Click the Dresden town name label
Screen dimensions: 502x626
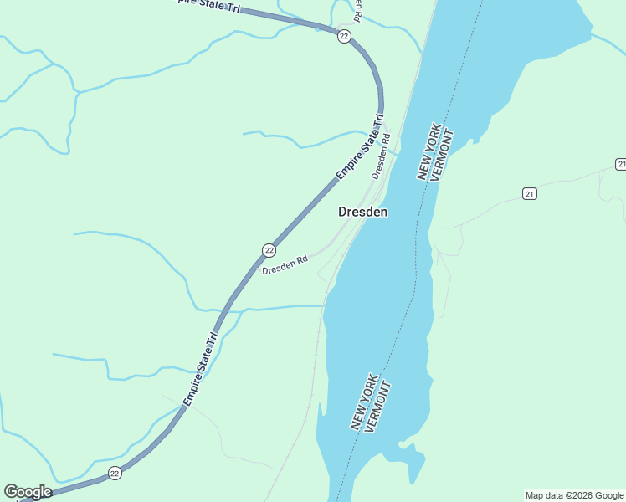(362, 212)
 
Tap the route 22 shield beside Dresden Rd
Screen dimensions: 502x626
(269, 250)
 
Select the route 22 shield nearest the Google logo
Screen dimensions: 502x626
(115, 474)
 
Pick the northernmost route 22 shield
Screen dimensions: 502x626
(344, 36)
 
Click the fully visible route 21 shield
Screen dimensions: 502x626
(529, 194)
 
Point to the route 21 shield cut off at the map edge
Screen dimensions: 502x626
(620, 163)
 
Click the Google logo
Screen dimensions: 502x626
(28, 492)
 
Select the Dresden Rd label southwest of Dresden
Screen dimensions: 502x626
(285, 266)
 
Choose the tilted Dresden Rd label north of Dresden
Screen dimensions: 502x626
(381, 157)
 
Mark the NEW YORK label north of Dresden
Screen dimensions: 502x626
(428, 155)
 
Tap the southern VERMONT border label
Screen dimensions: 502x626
(379, 407)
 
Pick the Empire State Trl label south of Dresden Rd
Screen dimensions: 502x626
(201, 369)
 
